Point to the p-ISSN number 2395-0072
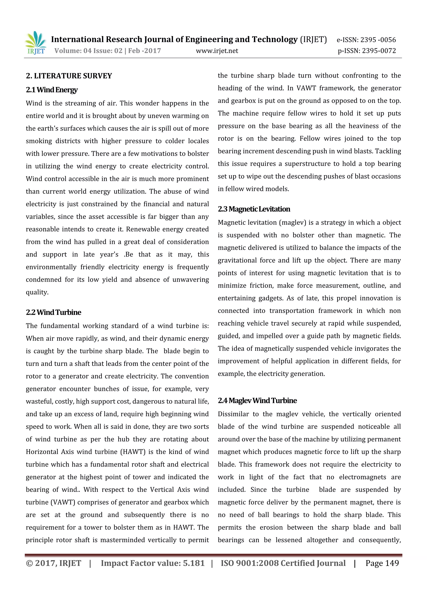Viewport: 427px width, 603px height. pos(379,51)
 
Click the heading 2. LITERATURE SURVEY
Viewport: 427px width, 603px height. pos(69,76)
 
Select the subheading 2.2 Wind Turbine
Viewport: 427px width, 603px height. pos(54,312)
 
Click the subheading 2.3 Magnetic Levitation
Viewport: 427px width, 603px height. pos(254,209)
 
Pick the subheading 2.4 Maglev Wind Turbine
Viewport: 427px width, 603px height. pos(257,401)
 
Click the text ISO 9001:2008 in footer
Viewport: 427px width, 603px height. pos(249,563)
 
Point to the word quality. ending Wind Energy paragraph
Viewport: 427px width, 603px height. pos(37,292)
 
